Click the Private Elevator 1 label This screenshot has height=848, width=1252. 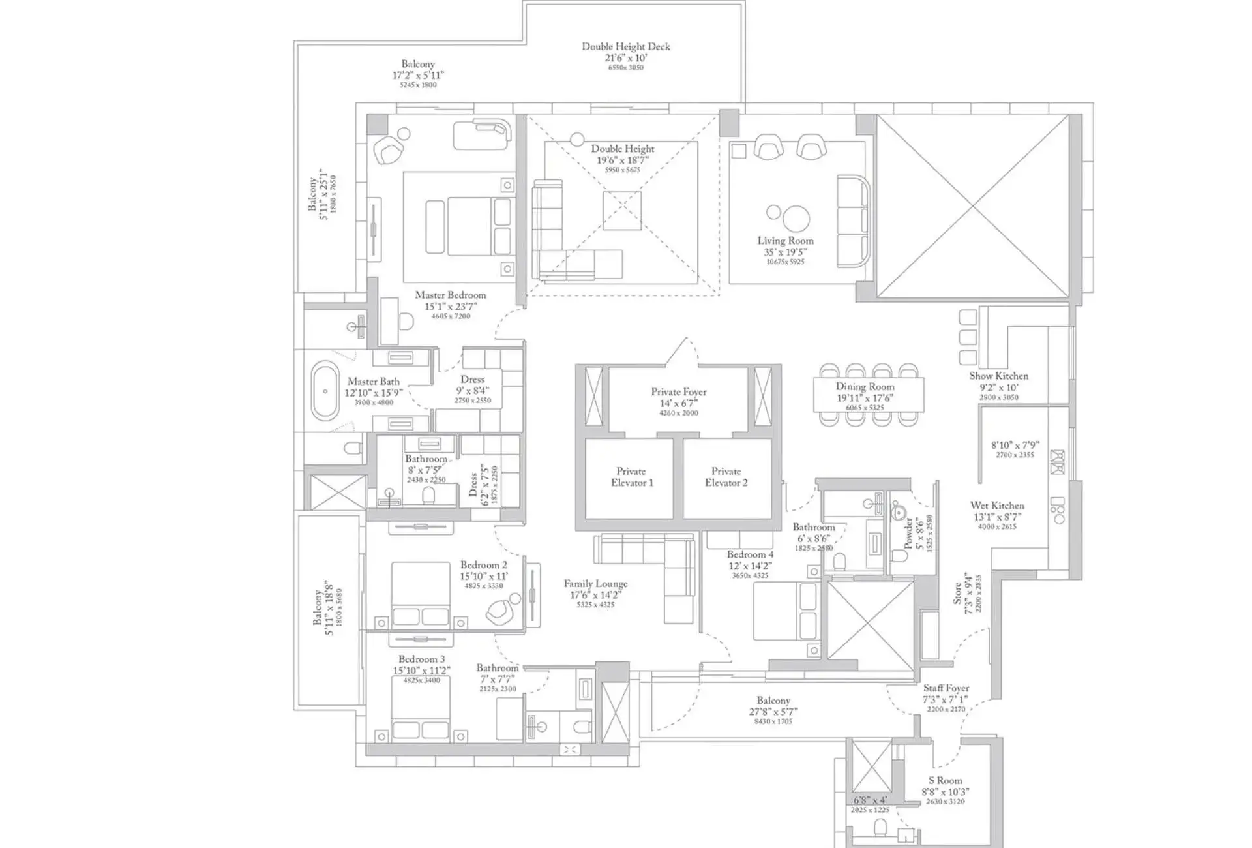[631, 477]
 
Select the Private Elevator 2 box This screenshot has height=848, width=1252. [726, 478]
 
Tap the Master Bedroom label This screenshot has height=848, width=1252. [451, 295]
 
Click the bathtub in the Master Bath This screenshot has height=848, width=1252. [325, 392]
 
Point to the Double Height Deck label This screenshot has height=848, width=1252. [625, 46]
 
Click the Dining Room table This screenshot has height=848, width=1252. [868, 395]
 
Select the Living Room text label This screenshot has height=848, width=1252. [785, 241]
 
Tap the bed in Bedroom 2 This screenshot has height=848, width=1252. [421, 595]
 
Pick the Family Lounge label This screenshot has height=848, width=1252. [595, 584]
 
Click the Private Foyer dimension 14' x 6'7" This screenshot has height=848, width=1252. [678, 403]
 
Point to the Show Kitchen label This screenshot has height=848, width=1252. [998, 376]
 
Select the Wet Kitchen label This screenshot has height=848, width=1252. [997, 506]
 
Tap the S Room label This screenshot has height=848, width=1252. [945, 780]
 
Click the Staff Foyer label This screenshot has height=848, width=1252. [946, 688]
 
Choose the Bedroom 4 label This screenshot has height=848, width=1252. [750, 554]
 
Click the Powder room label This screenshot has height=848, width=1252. [908, 534]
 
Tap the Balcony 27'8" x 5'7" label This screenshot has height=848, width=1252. [773, 700]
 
